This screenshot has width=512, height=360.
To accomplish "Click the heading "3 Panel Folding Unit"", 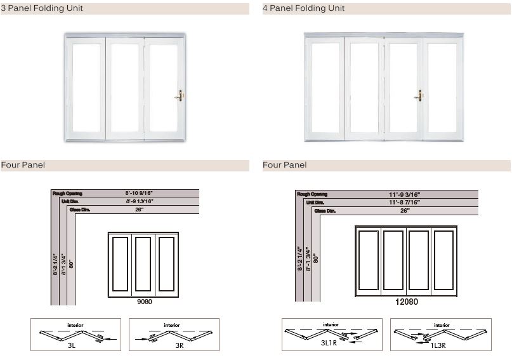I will pos(42,8).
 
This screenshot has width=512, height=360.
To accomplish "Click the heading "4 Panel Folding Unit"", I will pos(304,8).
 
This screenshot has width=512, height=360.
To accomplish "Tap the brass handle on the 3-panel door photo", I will pos(180,96).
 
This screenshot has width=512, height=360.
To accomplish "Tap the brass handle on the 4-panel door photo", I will pos(419,96).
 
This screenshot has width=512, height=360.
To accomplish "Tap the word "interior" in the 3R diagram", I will pos(173,325).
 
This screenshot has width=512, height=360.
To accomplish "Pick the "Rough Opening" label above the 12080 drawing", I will pos(312,194).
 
